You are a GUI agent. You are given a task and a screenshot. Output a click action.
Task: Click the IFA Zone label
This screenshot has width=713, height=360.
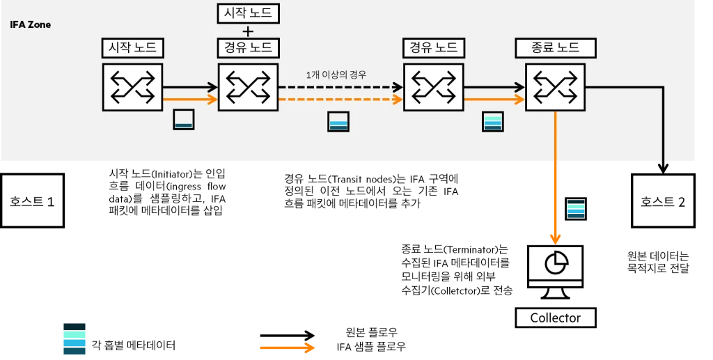[30, 24]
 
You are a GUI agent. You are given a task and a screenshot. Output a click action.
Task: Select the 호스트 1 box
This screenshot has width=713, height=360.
[32, 201]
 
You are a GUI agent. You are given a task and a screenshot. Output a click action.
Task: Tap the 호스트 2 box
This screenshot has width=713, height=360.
[663, 201]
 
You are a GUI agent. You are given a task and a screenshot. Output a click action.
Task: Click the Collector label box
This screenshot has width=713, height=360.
[555, 318]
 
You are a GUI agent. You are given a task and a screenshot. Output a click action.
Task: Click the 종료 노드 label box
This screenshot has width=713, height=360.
[555, 48]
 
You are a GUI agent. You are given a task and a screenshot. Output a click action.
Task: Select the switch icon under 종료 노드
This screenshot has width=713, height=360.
[555, 87]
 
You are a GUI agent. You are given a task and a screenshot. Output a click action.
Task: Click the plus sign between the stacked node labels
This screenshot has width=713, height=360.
[248, 31]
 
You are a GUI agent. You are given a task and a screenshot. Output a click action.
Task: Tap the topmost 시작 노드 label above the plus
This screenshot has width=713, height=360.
[248, 13]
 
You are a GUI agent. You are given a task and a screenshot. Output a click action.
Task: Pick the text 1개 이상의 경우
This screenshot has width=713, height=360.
[336, 75]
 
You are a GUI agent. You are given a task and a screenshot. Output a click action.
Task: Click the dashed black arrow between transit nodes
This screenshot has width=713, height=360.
[340, 87]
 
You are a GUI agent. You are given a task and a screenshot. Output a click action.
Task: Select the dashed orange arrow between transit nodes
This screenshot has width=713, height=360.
[340, 99]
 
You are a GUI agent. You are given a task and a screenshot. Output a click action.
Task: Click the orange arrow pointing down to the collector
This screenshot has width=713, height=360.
[555, 178]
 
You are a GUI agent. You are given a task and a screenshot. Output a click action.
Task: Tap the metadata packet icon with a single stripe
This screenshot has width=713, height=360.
[184, 120]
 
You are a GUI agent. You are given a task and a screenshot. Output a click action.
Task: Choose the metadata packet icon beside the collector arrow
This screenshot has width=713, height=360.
[576, 209]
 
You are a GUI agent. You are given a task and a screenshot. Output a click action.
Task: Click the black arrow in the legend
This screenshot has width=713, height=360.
[288, 336]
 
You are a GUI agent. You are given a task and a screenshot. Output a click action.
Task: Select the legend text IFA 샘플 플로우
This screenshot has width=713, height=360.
[371, 347]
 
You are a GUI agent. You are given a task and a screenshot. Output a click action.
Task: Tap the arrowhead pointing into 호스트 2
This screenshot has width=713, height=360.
[663, 169]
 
